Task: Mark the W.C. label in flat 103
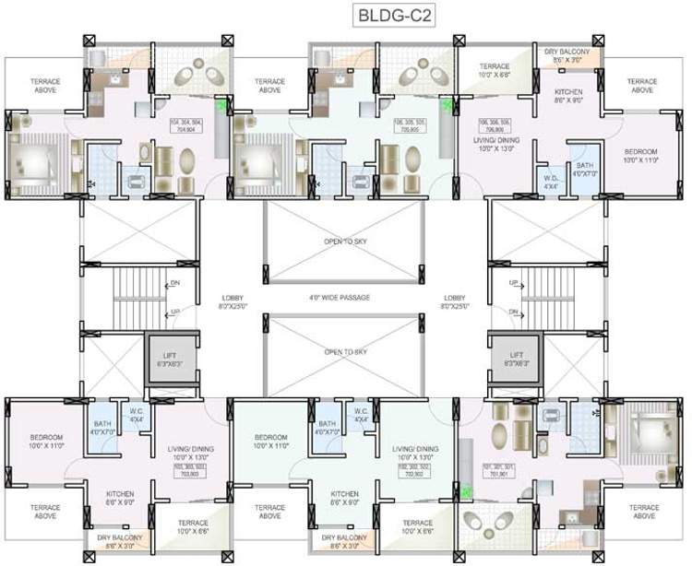[x=136, y=415]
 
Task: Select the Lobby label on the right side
[x=455, y=301]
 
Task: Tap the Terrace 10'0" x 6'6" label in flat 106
[x=494, y=71]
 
